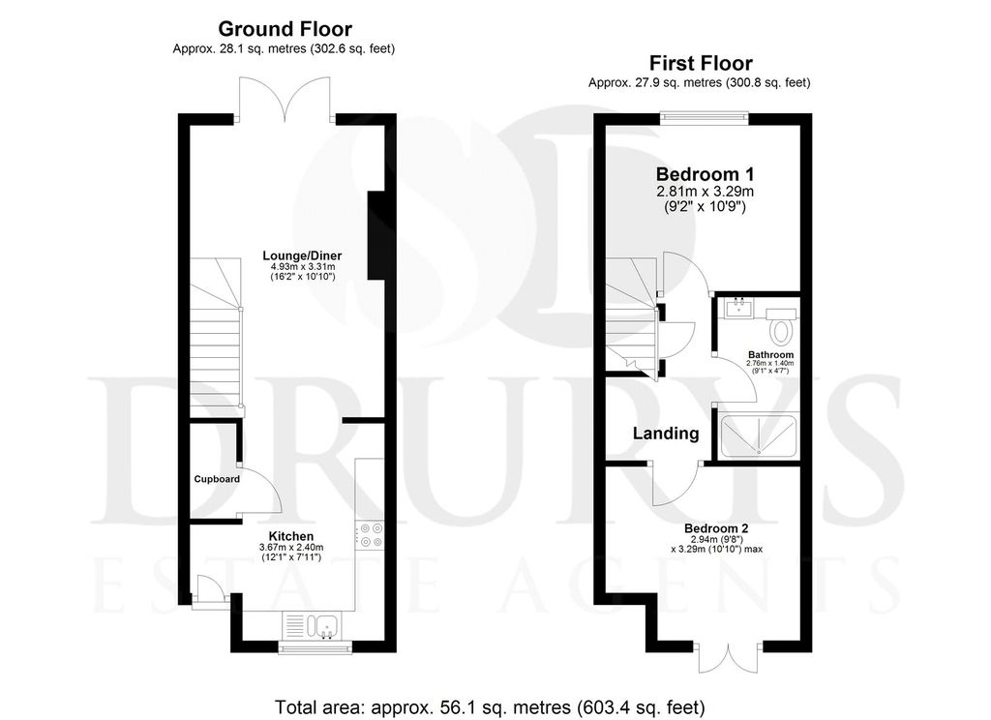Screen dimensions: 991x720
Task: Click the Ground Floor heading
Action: click(x=285, y=29)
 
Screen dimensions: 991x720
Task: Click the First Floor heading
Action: click(x=701, y=63)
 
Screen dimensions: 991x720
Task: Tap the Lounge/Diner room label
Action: click(x=302, y=256)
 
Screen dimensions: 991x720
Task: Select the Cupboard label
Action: click(x=217, y=479)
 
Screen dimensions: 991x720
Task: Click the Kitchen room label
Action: click(x=291, y=537)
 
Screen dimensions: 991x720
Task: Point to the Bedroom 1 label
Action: click(x=705, y=174)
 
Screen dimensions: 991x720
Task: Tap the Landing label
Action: click(x=666, y=434)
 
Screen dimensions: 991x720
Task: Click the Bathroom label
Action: click(x=770, y=355)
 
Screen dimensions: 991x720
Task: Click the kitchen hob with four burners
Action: click(x=370, y=535)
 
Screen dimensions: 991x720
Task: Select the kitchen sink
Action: click(x=314, y=626)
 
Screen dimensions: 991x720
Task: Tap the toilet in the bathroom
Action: click(x=782, y=326)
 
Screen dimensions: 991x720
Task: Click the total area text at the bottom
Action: click(x=490, y=706)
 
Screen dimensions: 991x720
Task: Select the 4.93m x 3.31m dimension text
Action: click(x=299, y=267)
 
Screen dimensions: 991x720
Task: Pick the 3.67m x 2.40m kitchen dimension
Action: click(x=291, y=548)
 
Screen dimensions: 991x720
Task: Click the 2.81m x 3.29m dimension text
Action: click(x=705, y=192)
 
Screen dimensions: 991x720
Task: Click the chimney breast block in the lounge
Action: click(x=376, y=235)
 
